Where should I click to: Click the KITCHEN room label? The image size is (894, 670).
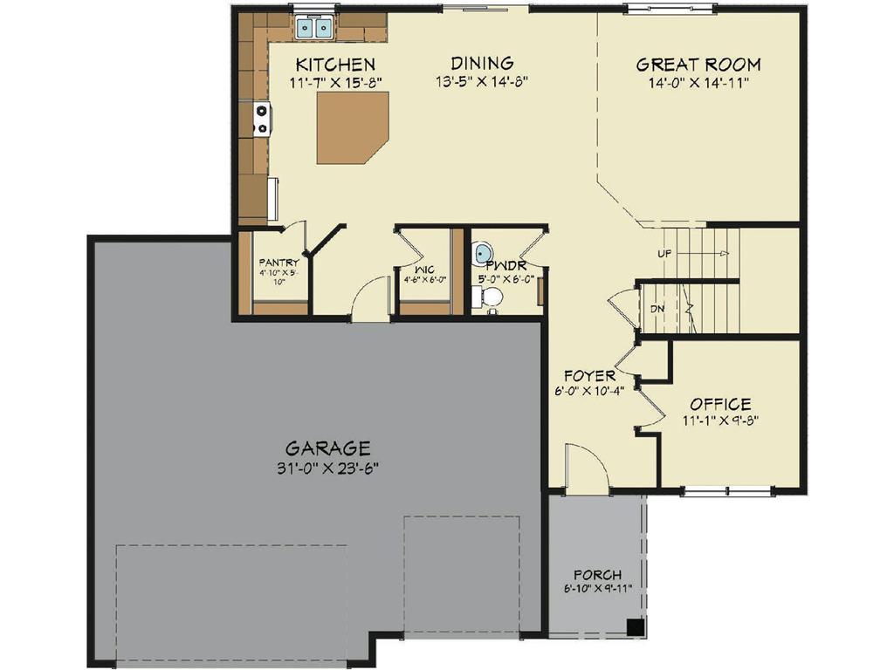point(335,65)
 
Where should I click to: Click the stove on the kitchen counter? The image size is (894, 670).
point(261,118)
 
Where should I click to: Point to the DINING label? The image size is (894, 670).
point(482,63)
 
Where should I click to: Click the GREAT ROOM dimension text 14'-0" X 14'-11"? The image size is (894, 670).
point(698,83)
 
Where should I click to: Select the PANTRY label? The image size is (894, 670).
point(279,263)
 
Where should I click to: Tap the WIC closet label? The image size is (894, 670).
point(424,269)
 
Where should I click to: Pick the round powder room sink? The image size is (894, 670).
point(483,253)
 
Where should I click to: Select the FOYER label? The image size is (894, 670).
point(590,376)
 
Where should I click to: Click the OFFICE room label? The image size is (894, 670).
point(720,404)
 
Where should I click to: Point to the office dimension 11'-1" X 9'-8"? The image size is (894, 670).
point(720,420)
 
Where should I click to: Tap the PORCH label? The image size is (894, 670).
point(597,575)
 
